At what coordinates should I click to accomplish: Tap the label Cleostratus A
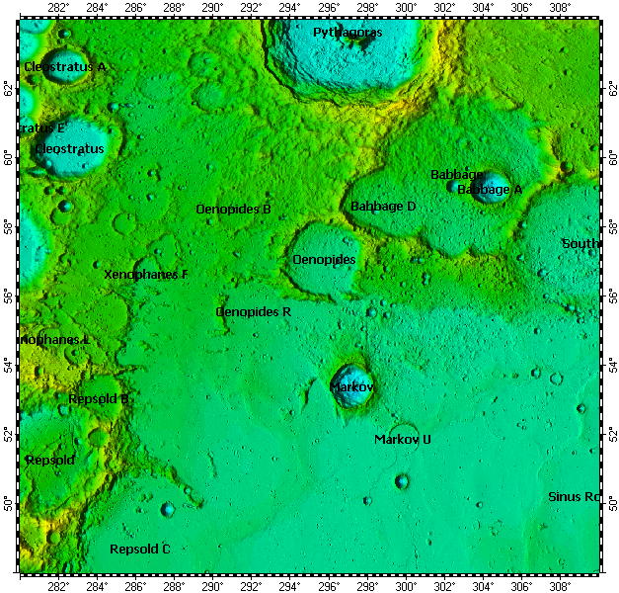65,66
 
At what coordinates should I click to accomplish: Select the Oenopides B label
233,210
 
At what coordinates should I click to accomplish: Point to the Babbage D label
383,207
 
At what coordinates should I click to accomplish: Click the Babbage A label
490,189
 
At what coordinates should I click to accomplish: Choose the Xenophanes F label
145,274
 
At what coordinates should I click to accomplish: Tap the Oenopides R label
253,311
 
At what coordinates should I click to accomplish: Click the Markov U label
403,439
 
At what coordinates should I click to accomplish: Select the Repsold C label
140,549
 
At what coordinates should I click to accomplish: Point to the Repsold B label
99,399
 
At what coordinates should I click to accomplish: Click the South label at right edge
580,243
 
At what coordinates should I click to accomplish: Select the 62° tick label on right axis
611,88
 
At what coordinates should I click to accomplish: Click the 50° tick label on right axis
611,504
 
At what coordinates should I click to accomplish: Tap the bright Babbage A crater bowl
491,185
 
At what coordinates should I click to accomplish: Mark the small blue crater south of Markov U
402,481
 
